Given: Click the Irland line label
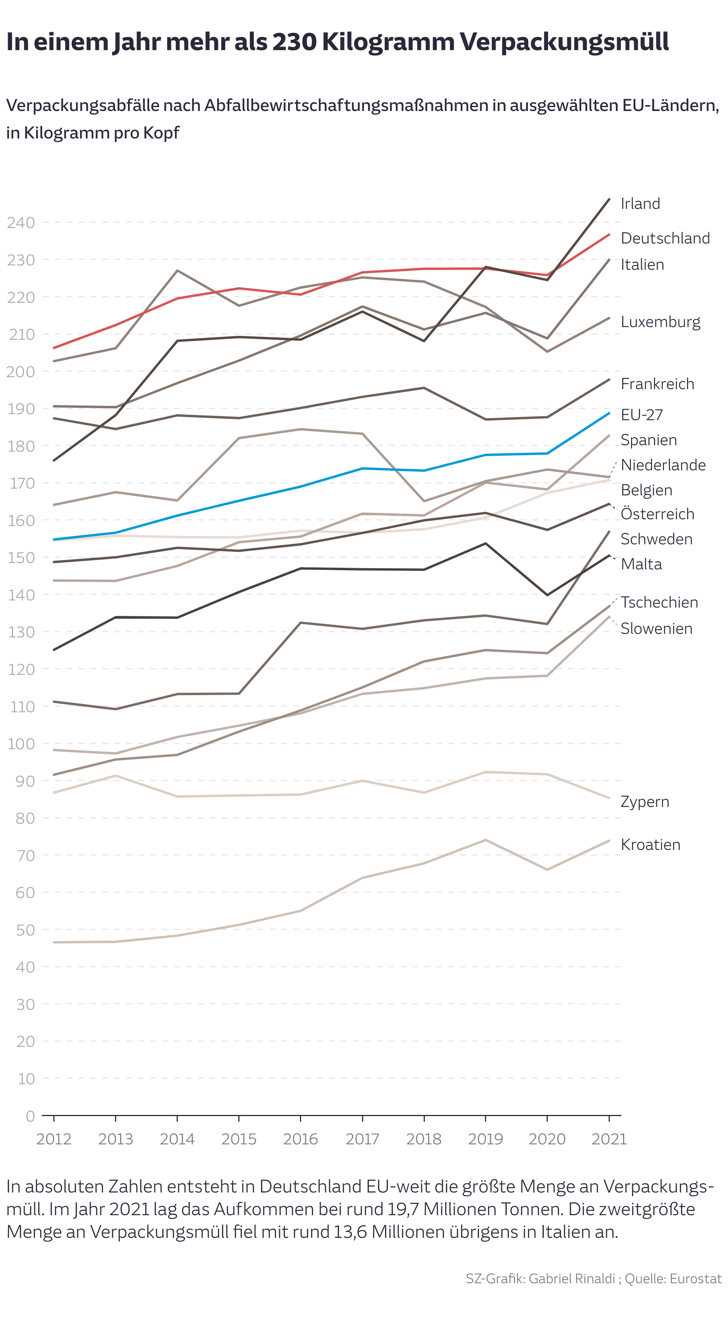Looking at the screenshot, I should click(640, 204).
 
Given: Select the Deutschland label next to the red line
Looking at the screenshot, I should click(665, 238).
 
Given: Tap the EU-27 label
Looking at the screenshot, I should click(642, 415).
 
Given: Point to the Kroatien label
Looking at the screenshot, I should click(650, 845).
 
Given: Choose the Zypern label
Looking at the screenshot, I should click(645, 801).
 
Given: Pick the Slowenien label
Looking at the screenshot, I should click(656, 629).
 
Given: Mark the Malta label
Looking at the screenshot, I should click(641, 564).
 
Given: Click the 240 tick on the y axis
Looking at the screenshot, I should click(21, 223).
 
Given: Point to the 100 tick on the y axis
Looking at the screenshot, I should click(21, 744).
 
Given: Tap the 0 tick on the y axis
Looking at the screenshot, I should click(30, 1116).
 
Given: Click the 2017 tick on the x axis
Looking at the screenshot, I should click(362, 1139).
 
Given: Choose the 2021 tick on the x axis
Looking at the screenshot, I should click(609, 1139).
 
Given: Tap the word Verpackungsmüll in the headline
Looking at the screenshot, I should click(564, 42).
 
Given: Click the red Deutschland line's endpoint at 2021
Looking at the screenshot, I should click(609, 234).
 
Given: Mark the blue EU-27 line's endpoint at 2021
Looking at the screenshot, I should click(609, 413).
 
